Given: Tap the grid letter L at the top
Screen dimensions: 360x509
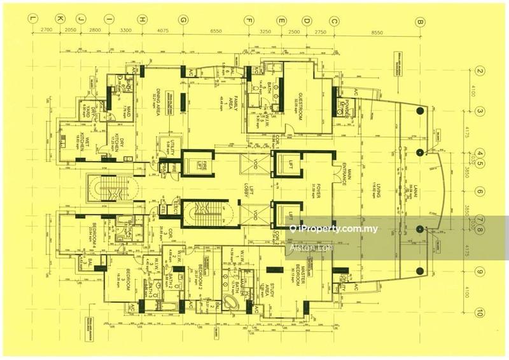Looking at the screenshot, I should [x=31, y=20].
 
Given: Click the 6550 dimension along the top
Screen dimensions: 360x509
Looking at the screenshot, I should [x=216, y=30].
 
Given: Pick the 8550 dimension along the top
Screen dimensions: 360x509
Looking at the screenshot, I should [x=377, y=30].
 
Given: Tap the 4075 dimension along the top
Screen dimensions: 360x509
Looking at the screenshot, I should [x=162, y=30].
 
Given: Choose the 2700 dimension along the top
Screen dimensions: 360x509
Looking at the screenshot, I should [x=45, y=30].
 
